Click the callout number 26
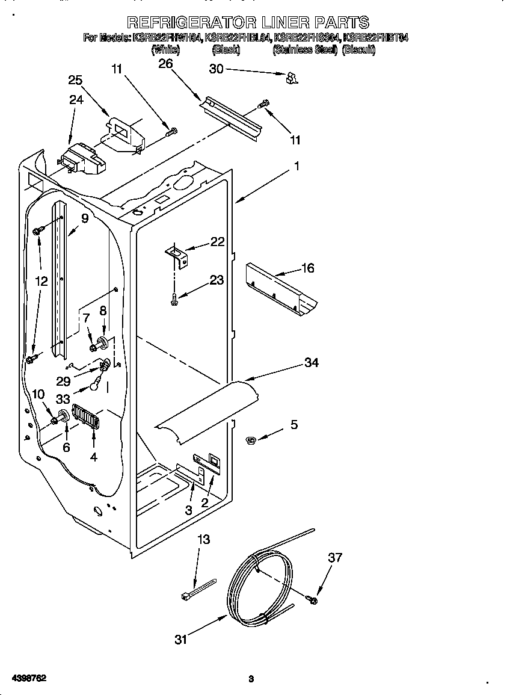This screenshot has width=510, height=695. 165,64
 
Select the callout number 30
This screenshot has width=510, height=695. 216,69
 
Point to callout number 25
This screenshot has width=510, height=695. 75,81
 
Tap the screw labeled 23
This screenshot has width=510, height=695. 174,296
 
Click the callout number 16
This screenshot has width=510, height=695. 307,268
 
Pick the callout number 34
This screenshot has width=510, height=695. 311,362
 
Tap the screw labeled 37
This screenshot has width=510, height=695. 313,599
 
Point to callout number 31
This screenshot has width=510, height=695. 180,640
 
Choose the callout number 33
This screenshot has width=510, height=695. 63,399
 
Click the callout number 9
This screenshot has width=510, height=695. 84,219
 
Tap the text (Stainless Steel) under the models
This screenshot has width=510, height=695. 305,51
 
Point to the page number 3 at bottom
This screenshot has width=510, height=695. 251,679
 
